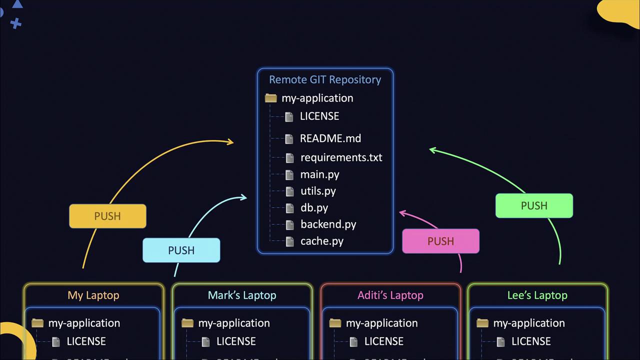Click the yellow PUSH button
tap(107, 216)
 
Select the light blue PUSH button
tap(181, 250)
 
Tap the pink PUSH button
tap(440, 241)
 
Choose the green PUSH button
tap(534, 205)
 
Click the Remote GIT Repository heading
tap(325, 79)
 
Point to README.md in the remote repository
tap(330, 138)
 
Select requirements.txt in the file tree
tap(341, 157)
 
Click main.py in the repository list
tap(319, 174)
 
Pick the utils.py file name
tap(318, 191)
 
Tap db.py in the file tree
tap(314, 207)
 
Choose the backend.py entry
tap(328, 224)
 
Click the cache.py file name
tap(321, 241)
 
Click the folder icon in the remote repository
tap(271, 98)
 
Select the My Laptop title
tap(93, 295)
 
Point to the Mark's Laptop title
tap(242, 295)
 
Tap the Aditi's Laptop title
tap(390, 295)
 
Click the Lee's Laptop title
tap(537, 295)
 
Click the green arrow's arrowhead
tap(432, 149)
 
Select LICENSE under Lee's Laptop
tap(531, 341)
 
